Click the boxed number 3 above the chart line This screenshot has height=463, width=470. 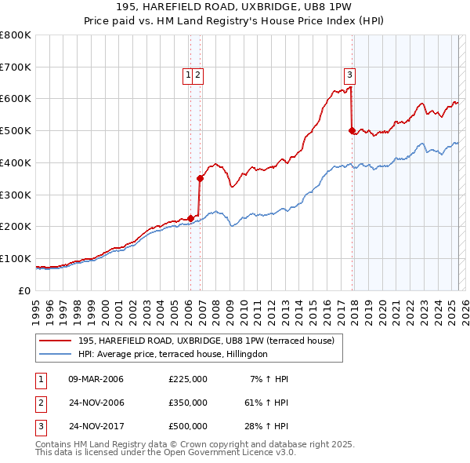[x=349, y=75]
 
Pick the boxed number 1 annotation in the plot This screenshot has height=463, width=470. [x=189, y=75]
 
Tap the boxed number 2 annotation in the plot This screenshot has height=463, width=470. [x=197, y=75]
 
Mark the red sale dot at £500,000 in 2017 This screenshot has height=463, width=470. [x=352, y=130]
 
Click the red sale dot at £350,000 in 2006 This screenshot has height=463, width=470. [x=201, y=178]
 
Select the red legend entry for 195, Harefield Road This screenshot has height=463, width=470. [x=206, y=341]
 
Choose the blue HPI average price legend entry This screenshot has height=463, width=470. [x=172, y=354]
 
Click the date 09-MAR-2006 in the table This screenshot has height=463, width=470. [x=96, y=379]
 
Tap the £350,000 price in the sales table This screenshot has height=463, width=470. [x=188, y=403]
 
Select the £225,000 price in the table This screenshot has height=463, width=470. [x=188, y=379]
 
